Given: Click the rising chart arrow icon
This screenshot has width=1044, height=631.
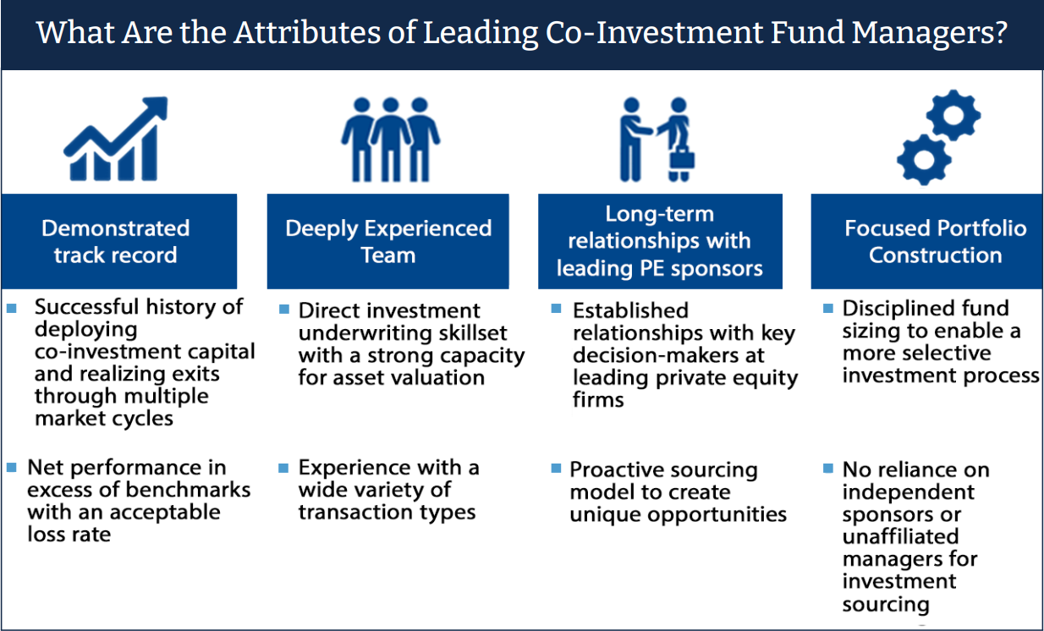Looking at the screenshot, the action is (x=116, y=139).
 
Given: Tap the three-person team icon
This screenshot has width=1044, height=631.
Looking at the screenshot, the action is (x=391, y=140).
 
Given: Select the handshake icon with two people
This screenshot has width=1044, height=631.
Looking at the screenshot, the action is (x=657, y=140).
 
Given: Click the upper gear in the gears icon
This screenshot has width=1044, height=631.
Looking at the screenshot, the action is (x=953, y=115).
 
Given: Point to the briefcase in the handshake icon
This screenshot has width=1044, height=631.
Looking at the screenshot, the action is (x=683, y=158).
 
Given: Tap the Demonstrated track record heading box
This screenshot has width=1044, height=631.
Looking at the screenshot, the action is (x=118, y=241).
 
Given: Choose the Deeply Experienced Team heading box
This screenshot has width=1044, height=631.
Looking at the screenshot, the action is (x=387, y=241).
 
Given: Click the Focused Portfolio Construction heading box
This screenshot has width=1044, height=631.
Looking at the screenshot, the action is (x=926, y=241).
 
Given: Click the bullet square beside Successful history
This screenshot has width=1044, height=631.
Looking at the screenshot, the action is (x=12, y=308).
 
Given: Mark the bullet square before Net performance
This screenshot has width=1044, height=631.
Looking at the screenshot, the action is (x=12, y=467).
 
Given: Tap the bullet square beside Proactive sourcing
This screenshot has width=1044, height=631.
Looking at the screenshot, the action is (x=556, y=468).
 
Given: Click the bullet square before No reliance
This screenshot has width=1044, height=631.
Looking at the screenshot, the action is (x=828, y=468).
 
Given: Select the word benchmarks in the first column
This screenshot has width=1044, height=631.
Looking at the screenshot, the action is (x=188, y=490).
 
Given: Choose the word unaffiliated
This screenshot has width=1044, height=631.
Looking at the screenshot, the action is (x=900, y=536).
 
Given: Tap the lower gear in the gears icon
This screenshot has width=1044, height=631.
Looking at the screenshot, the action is (x=924, y=160).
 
